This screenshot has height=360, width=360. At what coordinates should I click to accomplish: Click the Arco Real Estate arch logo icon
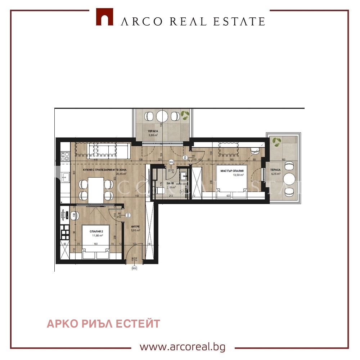coord(104,17)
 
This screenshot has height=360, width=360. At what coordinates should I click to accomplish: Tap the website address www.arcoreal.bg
coord(183,347)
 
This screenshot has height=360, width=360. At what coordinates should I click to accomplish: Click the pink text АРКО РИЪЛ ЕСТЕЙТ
coord(103,324)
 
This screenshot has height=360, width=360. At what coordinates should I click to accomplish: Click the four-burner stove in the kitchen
coord(65,156)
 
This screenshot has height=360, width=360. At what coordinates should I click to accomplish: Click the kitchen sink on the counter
coord(66,177)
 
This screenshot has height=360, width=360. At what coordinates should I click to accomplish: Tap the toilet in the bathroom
coord(160,190)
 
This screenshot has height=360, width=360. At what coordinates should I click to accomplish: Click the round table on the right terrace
coord(289,179)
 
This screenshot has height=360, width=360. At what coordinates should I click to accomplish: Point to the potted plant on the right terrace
coord(277,141)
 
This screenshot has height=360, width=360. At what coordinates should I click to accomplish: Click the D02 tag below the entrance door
coord(134,268)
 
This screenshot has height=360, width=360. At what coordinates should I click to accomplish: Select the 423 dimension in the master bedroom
coord(228,196)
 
